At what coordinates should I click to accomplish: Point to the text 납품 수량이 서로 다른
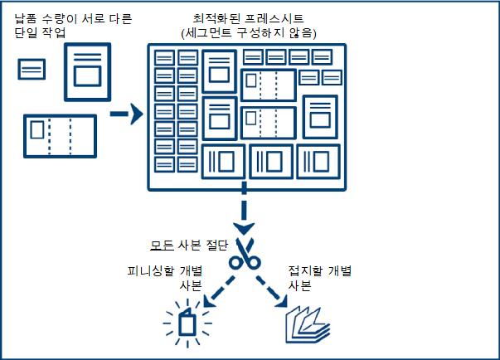pos(61,18)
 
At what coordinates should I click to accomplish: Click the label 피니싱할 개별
pos(165,271)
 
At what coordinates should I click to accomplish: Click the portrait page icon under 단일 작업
pos(87,73)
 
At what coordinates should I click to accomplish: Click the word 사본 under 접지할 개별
pos(299,285)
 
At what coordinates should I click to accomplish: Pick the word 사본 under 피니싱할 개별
pos(191,285)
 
